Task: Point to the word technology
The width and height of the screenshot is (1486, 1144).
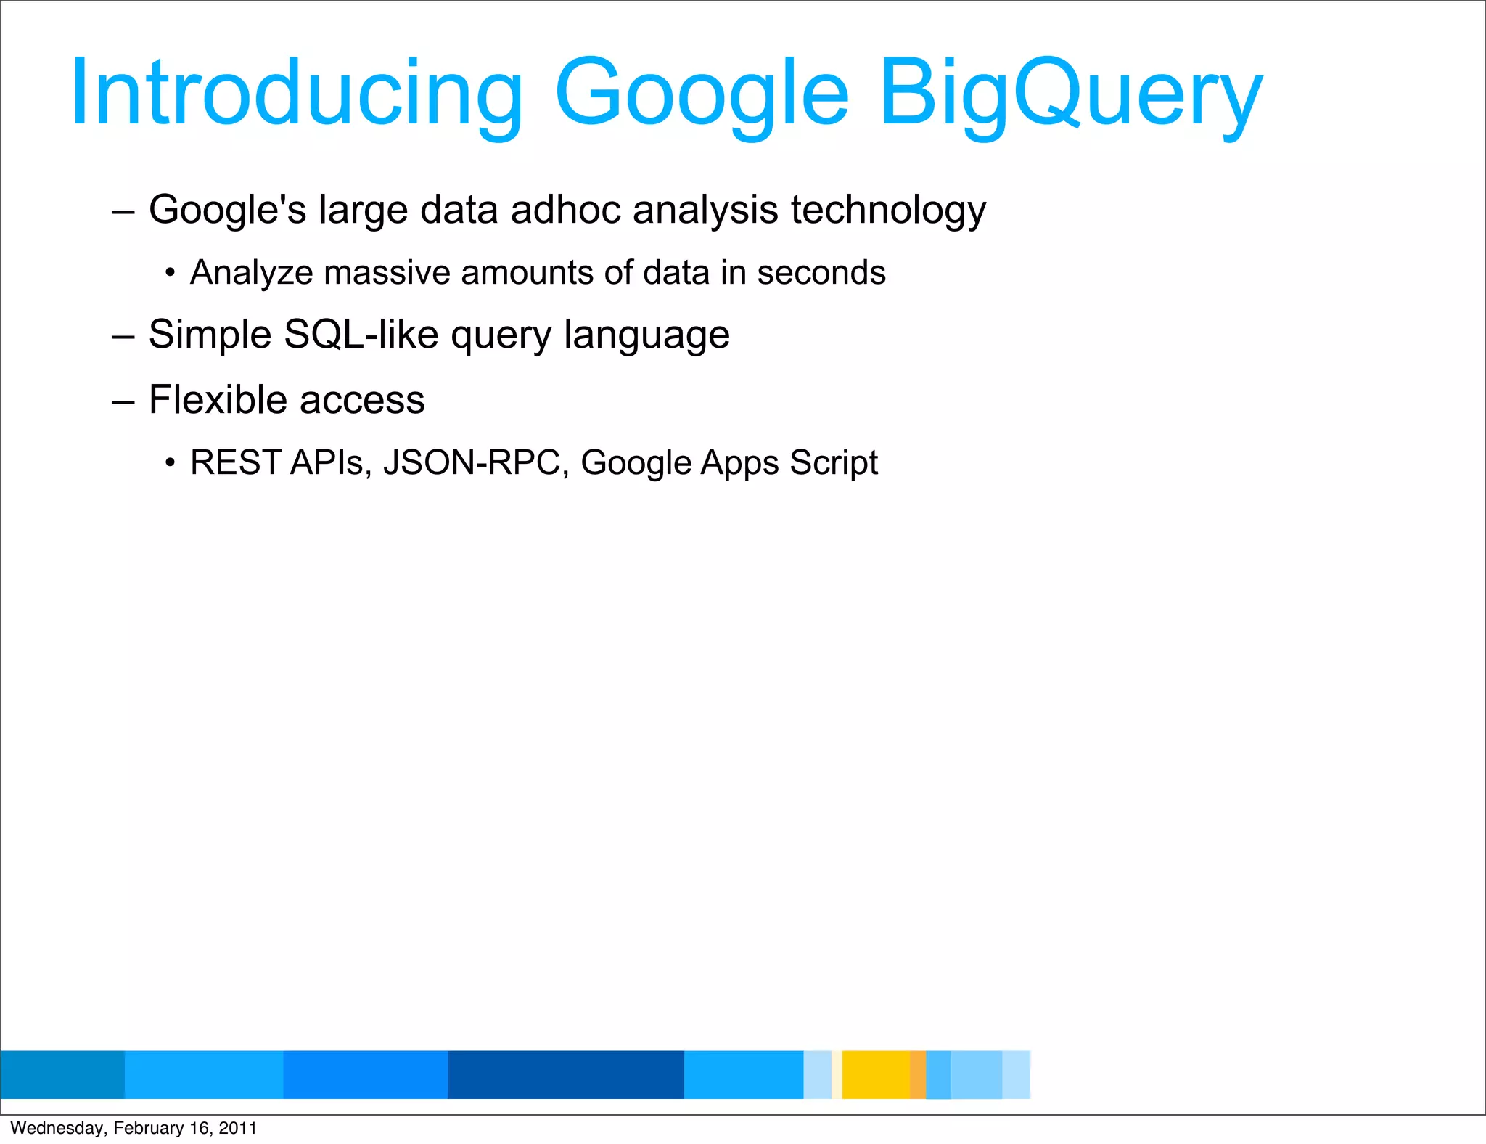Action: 888,210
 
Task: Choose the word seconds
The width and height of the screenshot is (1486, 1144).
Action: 821,273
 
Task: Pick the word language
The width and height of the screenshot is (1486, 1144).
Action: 646,335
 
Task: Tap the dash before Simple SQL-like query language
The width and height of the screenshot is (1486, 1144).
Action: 123,336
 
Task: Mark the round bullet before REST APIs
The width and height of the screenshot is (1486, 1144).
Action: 170,463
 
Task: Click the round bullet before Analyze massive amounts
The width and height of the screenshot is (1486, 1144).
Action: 170,274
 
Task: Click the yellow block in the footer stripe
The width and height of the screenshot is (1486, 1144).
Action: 876,1074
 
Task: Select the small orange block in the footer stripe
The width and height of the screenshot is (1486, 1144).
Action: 918,1074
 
